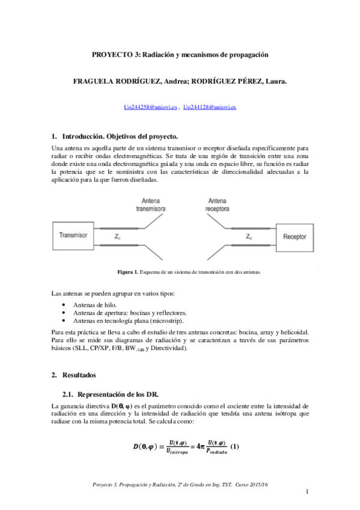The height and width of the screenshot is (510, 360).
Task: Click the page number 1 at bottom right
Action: click(307, 493)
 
